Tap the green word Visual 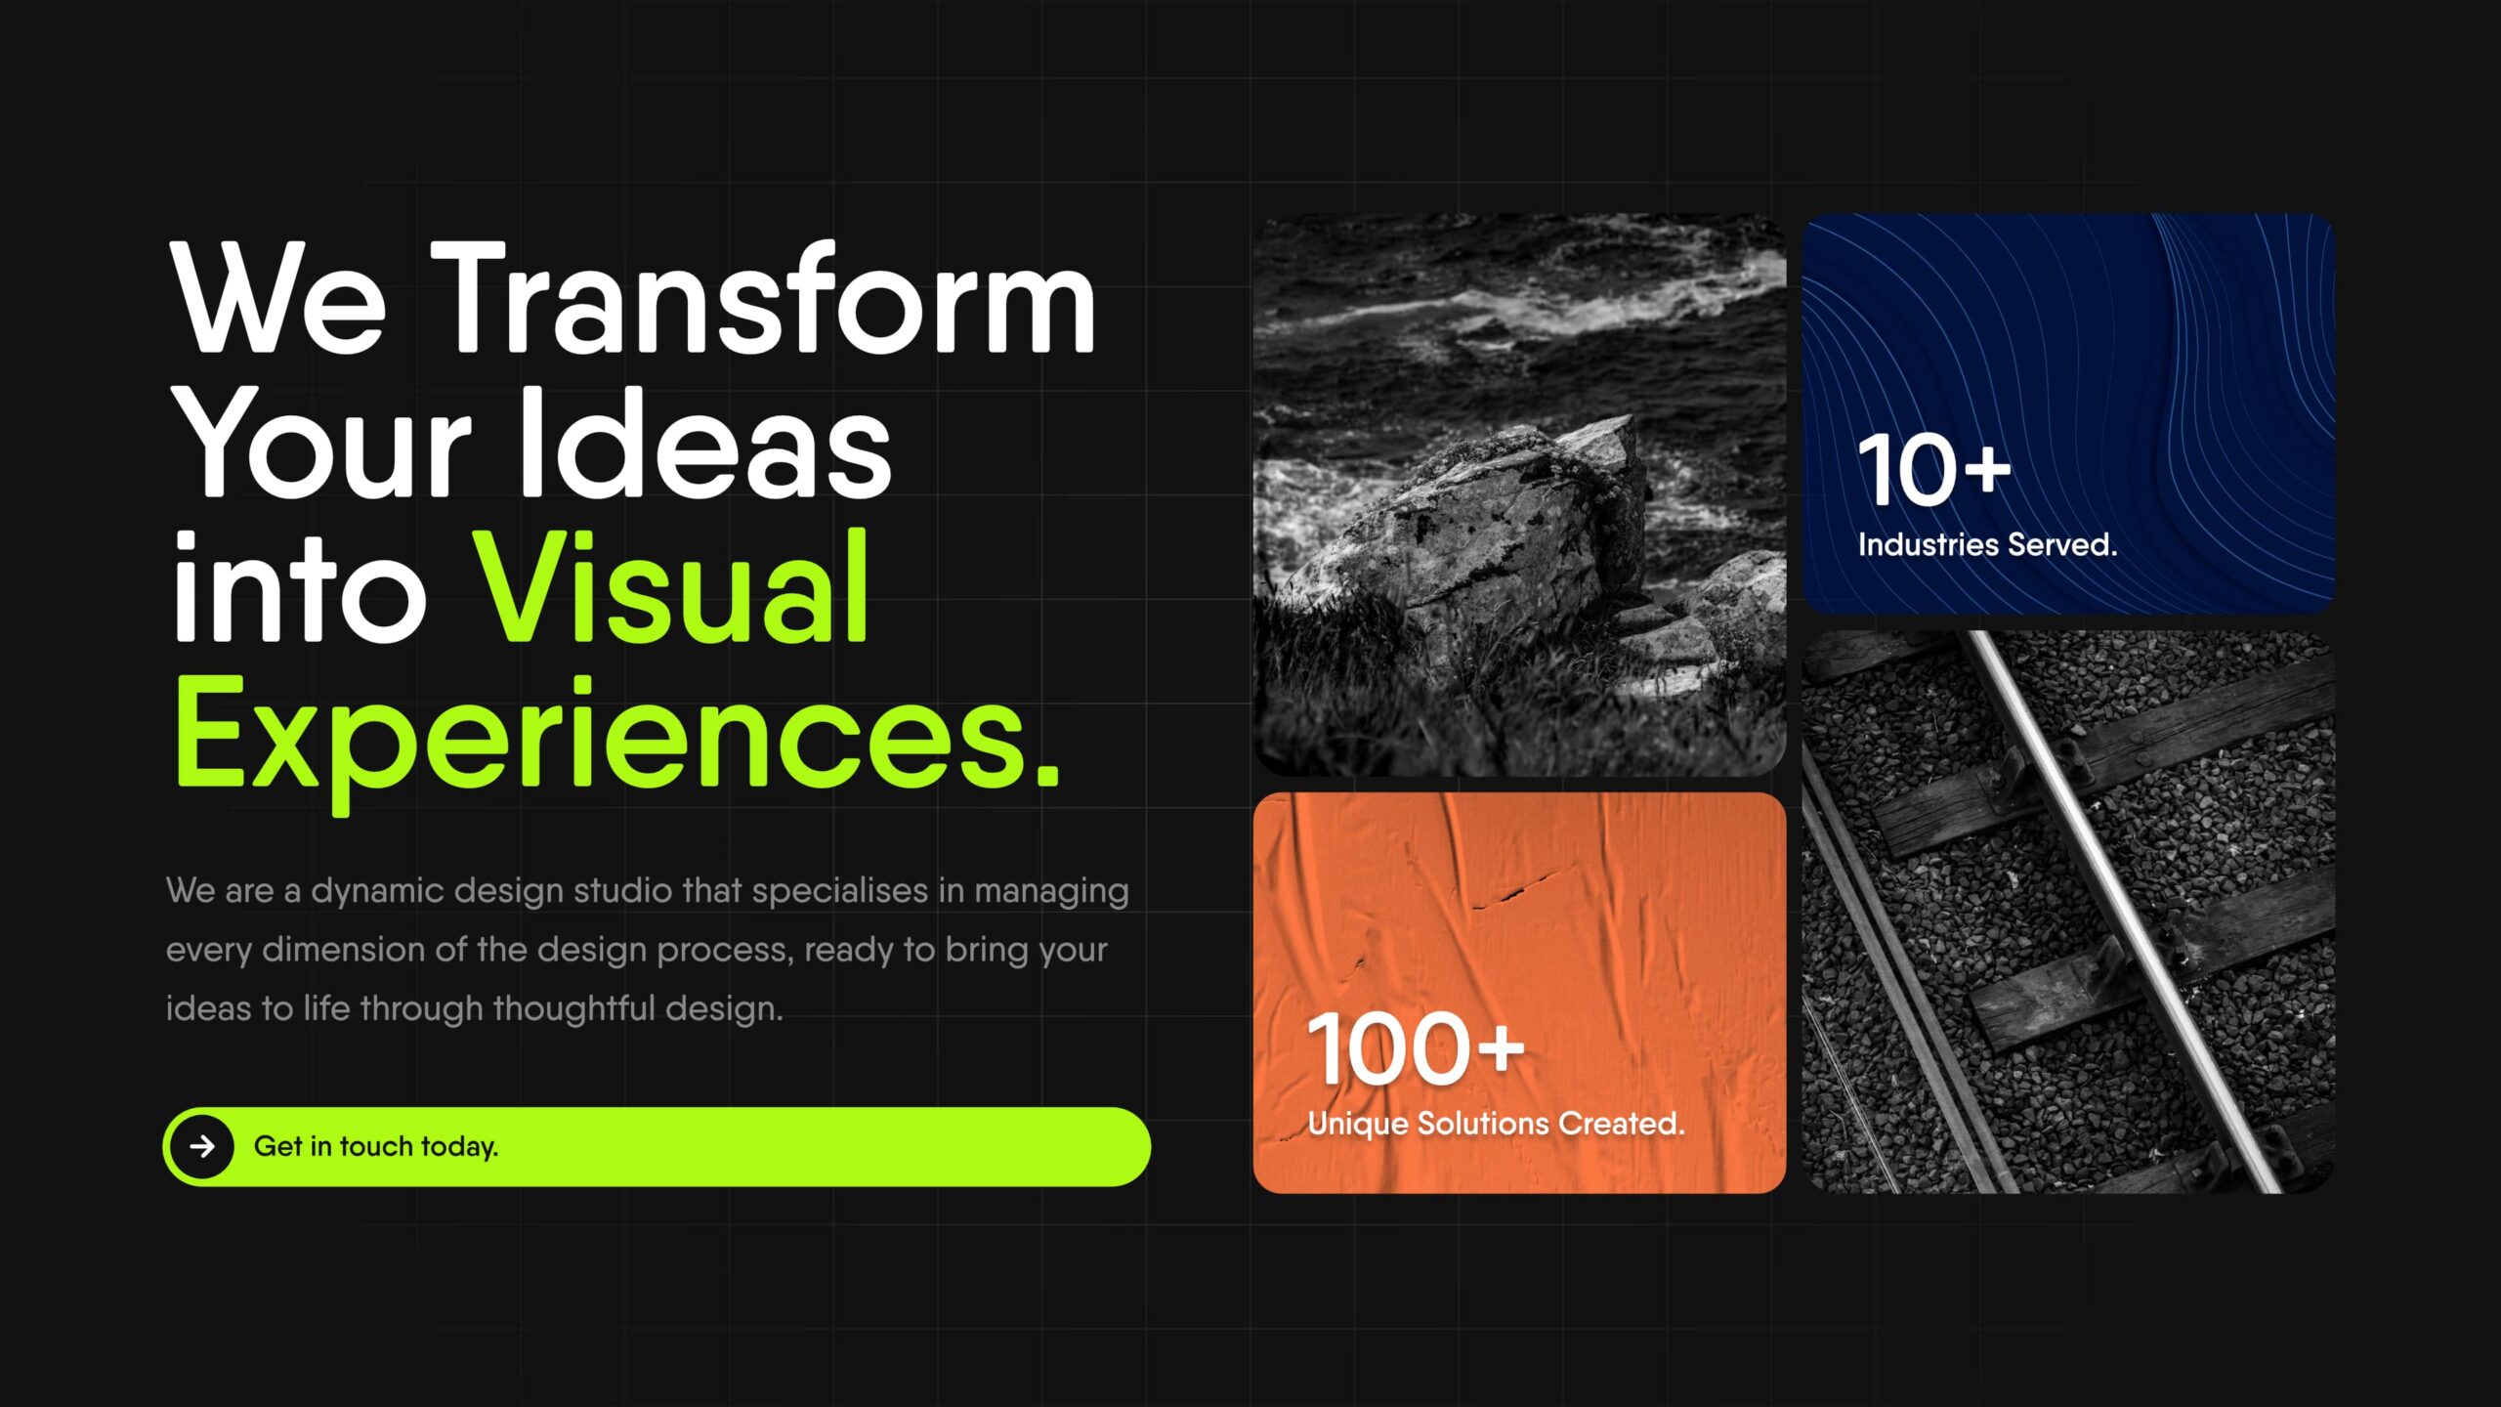[x=671, y=586]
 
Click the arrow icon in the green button [x=202, y=1146]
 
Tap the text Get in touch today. [x=376, y=1146]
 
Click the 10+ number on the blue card [x=1935, y=471]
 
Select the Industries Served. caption [x=1988, y=544]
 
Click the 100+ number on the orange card [x=1416, y=1049]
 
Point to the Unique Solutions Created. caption [x=1497, y=1124]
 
